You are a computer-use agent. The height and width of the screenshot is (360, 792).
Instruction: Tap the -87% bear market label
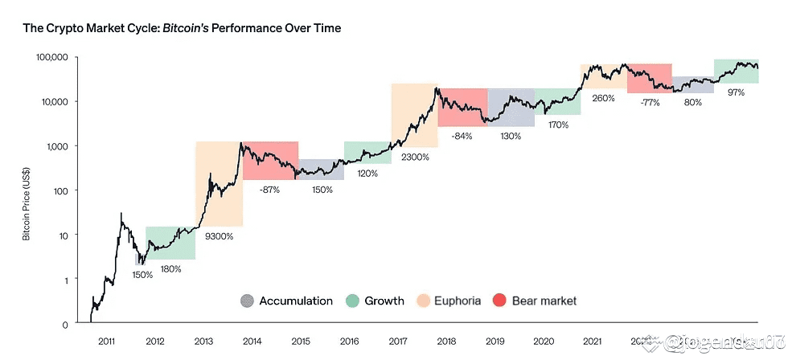tap(271, 189)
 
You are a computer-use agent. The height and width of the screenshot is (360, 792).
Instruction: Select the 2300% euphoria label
tap(415, 157)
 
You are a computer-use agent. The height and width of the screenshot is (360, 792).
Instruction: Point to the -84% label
tap(462, 136)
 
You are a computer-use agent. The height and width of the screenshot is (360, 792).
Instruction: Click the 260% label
tap(603, 98)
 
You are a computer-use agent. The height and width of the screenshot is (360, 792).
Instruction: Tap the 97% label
tap(736, 92)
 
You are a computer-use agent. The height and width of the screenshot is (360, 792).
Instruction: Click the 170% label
tap(558, 125)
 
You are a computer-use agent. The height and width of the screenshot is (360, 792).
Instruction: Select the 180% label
tap(171, 268)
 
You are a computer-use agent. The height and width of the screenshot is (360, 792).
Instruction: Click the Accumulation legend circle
tap(247, 301)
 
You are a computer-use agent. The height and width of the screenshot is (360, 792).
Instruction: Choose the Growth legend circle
tap(351, 301)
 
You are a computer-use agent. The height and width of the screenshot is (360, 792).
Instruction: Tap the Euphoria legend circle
tap(423, 301)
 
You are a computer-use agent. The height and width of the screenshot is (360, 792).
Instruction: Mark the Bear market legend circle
tap(500, 301)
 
